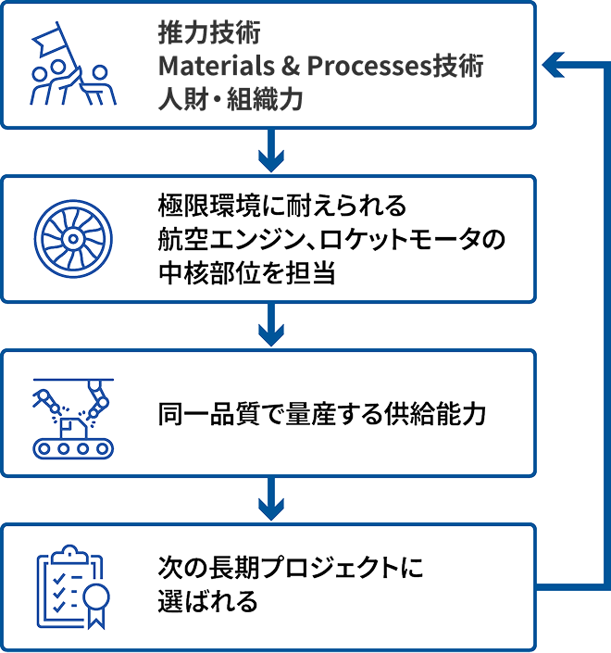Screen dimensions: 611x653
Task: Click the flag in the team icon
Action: [47, 41]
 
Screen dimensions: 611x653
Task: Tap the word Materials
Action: [217, 66]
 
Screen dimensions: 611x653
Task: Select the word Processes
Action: [368, 66]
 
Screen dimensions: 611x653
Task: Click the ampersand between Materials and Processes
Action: [291, 66]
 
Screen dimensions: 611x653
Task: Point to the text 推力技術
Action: [209, 32]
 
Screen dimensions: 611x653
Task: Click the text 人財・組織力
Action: [231, 100]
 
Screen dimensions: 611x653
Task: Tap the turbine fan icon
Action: [73, 239]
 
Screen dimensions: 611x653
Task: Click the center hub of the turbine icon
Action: [73, 239]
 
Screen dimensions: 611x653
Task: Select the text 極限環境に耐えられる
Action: [282, 206]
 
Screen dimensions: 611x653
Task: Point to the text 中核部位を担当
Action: [247, 273]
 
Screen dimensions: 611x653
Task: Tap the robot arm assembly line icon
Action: [73, 418]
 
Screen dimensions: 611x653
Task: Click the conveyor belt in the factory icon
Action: [73, 448]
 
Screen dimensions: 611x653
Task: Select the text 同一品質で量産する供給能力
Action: [322, 414]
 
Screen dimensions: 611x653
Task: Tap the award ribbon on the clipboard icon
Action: [96, 607]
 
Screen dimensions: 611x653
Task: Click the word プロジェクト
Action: [329, 568]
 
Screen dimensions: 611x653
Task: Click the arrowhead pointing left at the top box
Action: [554, 65]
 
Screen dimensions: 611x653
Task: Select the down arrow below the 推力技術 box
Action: [271, 150]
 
